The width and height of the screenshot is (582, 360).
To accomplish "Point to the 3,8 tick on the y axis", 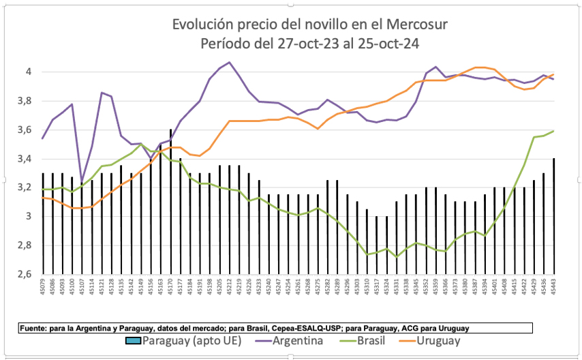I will (x=27, y=101).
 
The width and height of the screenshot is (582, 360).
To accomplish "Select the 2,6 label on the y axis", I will (x=27, y=275).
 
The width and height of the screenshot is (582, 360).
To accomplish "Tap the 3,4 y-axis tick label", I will (x=27, y=159).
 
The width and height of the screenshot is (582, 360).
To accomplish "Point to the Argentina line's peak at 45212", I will (x=229, y=63).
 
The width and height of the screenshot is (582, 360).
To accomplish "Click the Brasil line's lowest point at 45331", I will (x=396, y=256).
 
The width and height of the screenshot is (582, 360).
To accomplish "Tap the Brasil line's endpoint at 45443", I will (x=553, y=131).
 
